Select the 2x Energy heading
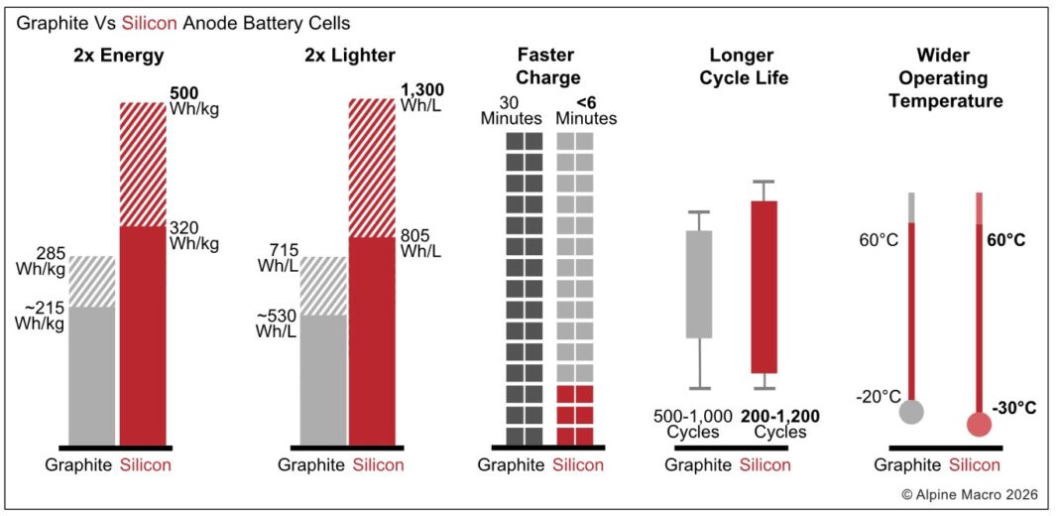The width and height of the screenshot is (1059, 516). (x=117, y=56)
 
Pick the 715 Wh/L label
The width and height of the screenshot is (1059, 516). (x=277, y=257)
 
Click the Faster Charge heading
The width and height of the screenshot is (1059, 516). (x=548, y=66)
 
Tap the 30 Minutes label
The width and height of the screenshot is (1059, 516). (x=523, y=110)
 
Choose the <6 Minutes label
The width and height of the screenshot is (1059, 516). (x=585, y=110)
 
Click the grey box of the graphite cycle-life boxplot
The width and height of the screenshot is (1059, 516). (x=699, y=284)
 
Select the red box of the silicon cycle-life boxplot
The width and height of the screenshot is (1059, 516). (x=764, y=286)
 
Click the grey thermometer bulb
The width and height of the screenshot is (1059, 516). (x=911, y=411)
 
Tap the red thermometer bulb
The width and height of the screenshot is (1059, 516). (x=980, y=424)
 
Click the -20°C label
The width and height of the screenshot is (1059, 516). (x=878, y=397)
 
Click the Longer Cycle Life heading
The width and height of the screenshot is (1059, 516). (x=750, y=66)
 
